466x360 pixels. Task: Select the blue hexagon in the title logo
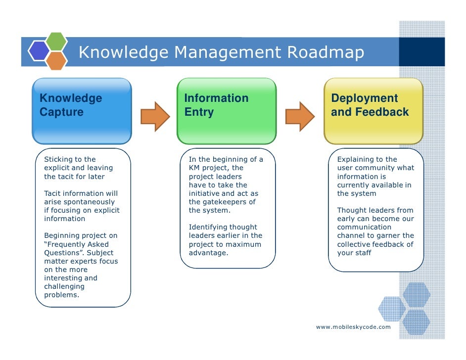[39, 50]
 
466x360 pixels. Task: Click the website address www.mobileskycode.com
[353, 327]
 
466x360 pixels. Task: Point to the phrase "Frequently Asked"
[77, 244]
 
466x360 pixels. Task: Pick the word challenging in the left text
[64, 286]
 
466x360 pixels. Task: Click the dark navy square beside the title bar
[421, 51]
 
